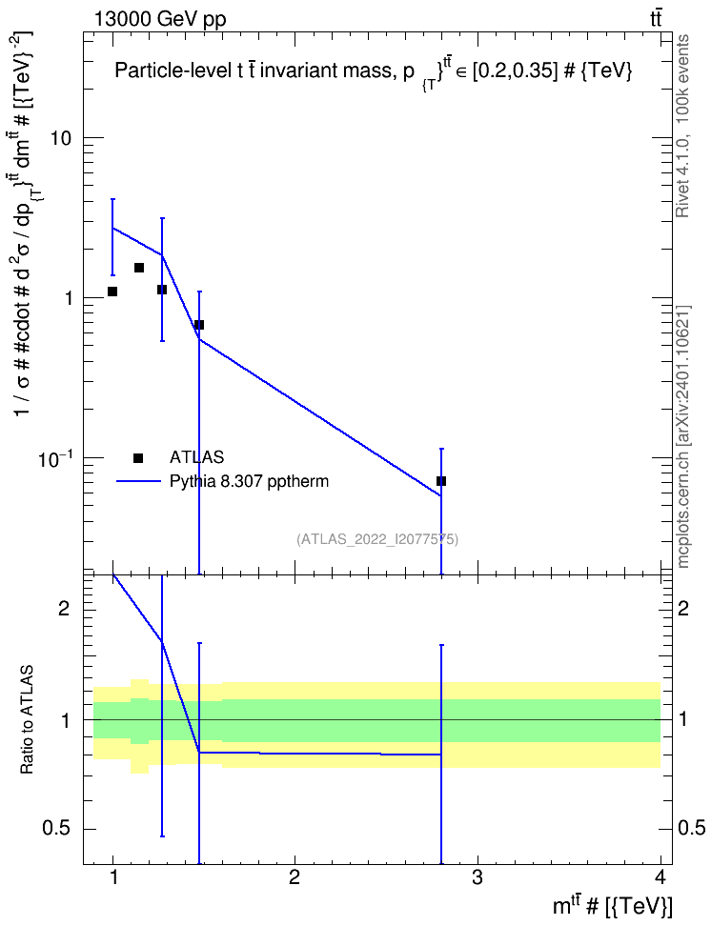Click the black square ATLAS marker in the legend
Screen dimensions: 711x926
tap(138, 457)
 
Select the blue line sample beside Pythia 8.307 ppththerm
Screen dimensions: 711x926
tap(139, 481)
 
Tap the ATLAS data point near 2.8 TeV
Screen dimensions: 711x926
tap(441, 481)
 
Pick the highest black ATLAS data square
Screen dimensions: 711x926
tap(139, 268)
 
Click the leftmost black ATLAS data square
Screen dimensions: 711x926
tap(112, 292)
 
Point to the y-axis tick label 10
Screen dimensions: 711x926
tap(59, 138)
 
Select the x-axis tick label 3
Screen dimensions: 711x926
tap(477, 877)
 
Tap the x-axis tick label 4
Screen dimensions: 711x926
tap(660, 877)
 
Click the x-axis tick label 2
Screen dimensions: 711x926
tap(295, 877)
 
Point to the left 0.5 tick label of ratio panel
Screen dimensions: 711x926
tap(56, 829)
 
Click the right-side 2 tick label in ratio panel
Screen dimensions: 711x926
tap(682, 608)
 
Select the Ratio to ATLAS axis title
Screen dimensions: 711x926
tap(27, 720)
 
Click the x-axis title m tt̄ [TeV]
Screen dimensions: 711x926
tap(612, 905)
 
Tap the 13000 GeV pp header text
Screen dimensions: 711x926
tap(159, 19)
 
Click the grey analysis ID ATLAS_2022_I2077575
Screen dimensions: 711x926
tap(377, 539)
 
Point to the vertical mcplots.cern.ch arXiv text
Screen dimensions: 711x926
tap(683, 436)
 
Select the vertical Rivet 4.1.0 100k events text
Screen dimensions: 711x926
tap(682, 127)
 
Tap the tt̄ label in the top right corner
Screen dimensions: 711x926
tap(656, 18)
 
